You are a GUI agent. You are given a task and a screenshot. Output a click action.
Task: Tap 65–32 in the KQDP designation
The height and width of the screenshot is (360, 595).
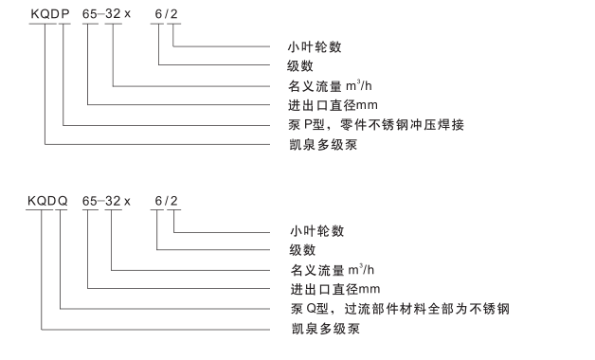pyautogui.click(x=102, y=16)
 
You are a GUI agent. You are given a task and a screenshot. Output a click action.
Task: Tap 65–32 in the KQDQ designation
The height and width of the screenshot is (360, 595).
pyautogui.click(x=102, y=202)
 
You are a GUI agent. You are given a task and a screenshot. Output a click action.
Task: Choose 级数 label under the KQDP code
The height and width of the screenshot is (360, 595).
pyautogui.click(x=301, y=64)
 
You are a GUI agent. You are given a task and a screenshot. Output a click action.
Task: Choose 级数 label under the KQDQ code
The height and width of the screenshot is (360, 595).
pyautogui.click(x=301, y=250)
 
